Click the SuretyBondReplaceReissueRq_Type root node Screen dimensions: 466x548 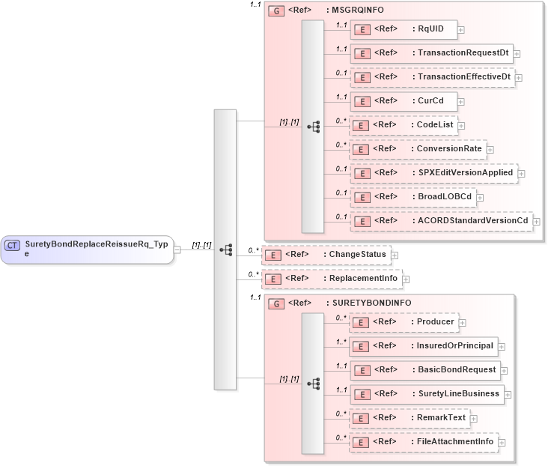(x=87, y=249)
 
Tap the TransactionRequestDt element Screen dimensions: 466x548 (x=431, y=53)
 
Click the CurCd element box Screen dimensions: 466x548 (x=404, y=100)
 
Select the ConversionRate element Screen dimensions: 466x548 (x=417, y=149)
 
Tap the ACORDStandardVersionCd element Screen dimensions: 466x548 (x=441, y=221)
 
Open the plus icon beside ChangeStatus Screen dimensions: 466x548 (x=395, y=255)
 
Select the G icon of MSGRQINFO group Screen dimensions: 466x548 (x=275, y=11)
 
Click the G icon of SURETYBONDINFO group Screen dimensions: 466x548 (x=275, y=303)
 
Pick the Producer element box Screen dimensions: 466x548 (x=404, y=322)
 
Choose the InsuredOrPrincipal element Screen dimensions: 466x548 (x=423, y=346)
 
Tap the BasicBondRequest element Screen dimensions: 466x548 (x=424, y=370)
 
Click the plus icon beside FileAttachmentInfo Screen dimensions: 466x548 (x=502, y=443)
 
